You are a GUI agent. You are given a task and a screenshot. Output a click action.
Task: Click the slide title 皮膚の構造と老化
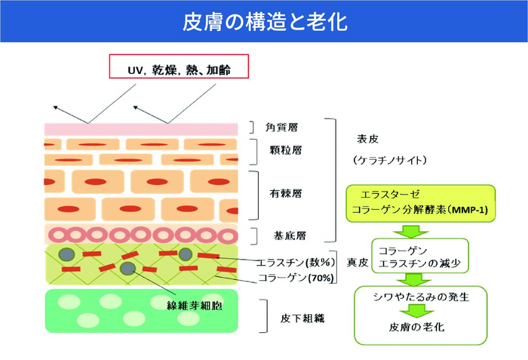pos(265,21)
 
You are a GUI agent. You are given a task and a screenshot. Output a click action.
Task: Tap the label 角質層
pos(281,128)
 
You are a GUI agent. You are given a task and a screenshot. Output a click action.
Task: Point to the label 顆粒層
pos(285,149)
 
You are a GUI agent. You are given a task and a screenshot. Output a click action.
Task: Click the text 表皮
pos(367,139)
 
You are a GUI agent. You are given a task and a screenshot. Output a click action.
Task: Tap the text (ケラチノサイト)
pos(389,161)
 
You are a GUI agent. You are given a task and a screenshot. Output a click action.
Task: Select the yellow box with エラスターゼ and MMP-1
pos(422,204)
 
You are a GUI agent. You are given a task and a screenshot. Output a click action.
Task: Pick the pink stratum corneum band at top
pos(141,129)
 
